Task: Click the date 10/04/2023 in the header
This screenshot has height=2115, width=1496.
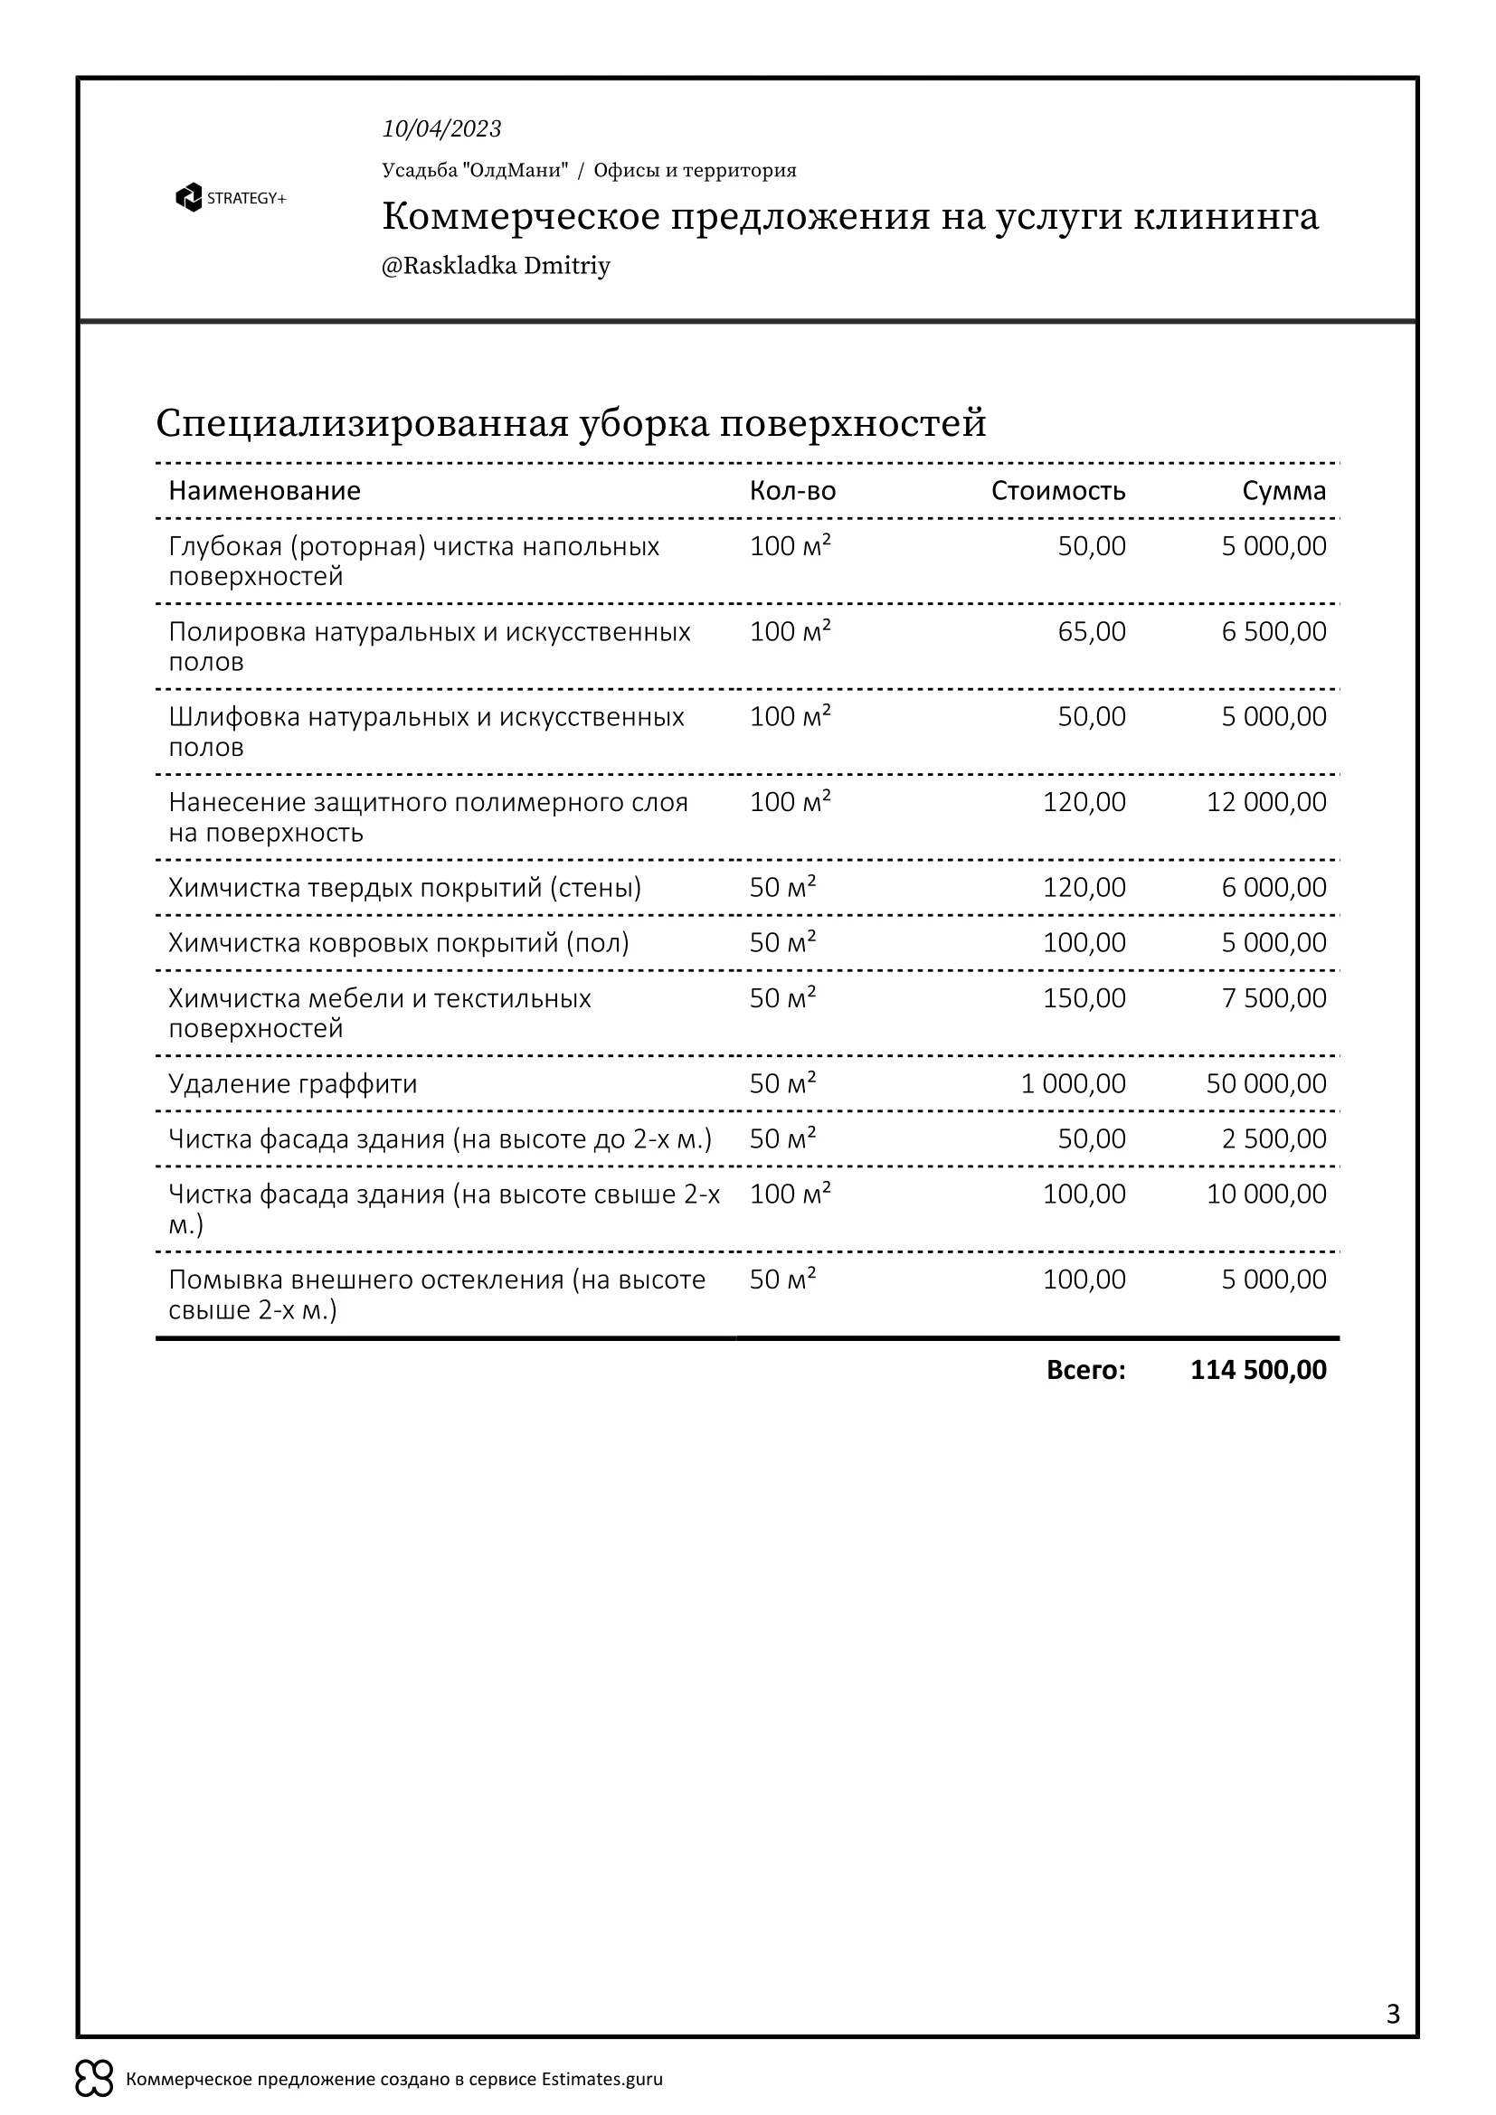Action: [x=441, y=129]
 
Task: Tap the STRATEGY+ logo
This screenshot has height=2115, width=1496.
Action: [x=231, y=198]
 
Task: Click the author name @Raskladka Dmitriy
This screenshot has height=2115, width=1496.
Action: [x=496, y=266]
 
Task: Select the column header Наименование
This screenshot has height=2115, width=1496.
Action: [x=264, y=491]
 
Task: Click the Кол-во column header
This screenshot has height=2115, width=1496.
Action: [x=792, y=491]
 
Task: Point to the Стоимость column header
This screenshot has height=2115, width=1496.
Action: [x=1057, y=491]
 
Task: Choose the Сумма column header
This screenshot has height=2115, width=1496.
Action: [x=1283, y=491]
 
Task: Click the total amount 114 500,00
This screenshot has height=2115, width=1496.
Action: [x=1257, y=1370]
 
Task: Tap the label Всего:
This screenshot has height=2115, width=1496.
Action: [x=1085, y=1370]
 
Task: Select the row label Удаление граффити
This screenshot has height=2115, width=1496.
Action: [x=293, y=1084]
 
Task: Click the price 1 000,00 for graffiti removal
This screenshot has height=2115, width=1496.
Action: [x=1073, y=1084]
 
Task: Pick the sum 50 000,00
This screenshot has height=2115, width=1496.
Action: [x=1265, y=1084]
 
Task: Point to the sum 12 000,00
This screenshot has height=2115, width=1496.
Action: [x=1265, y=802]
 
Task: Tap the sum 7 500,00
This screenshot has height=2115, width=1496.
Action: [x=1273, y=998]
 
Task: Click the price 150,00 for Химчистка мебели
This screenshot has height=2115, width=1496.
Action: [x=1084, y=998]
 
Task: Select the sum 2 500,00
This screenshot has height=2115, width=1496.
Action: [x=1273, y=1139]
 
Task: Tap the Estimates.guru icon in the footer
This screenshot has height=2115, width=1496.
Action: [x=94, y=2079]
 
